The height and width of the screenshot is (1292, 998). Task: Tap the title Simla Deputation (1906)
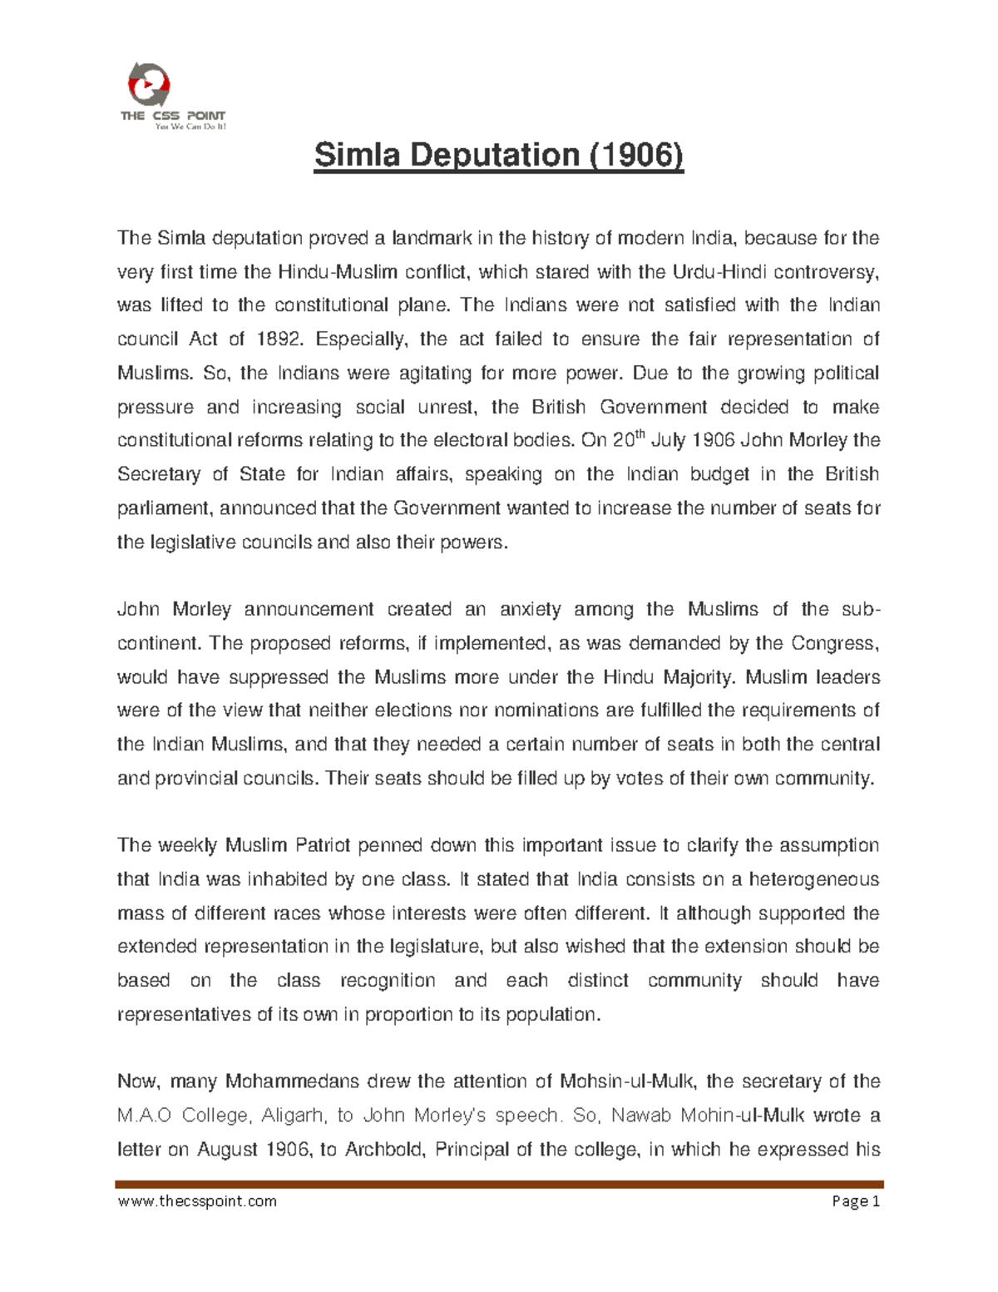point(498,156)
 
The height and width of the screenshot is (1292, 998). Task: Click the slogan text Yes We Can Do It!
point(190,127)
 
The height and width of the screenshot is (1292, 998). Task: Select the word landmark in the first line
point(432,239)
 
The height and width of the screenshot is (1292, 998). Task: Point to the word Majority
point(700,677)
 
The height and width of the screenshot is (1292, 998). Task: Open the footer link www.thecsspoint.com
point(197,1200)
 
